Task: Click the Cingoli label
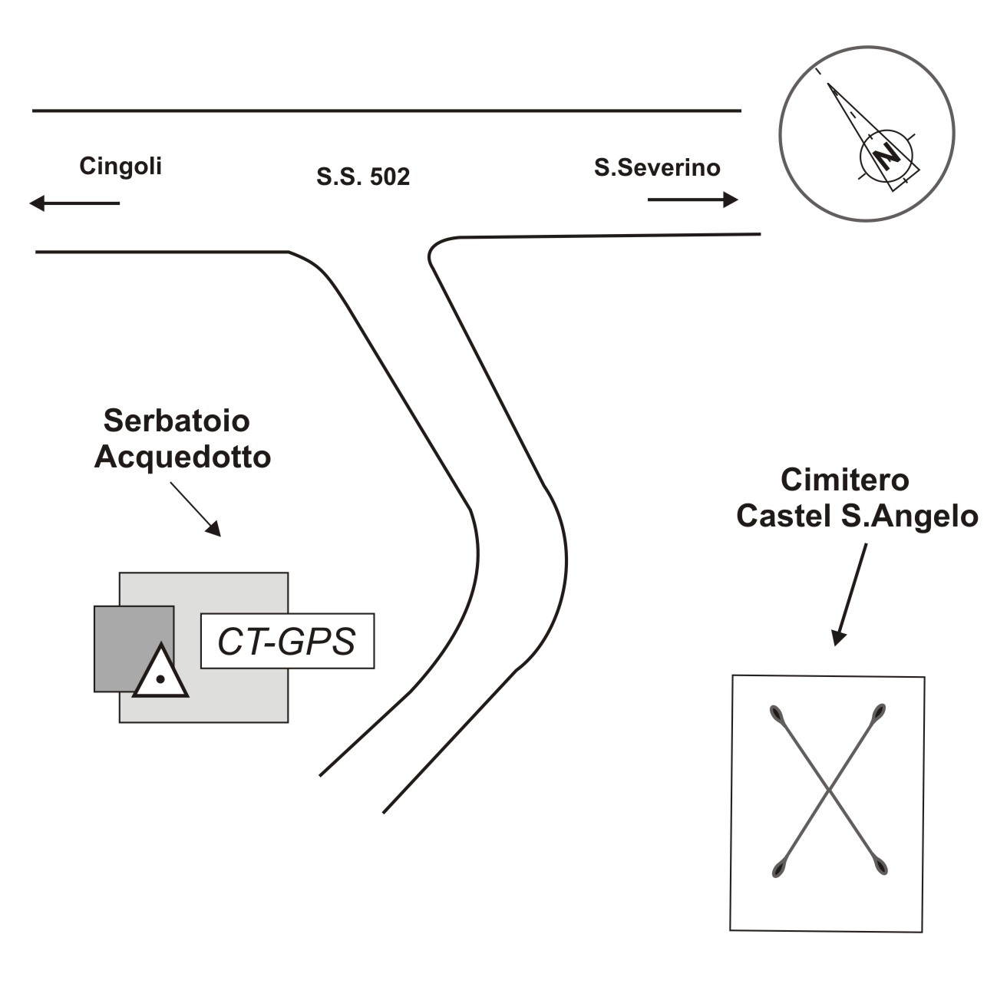pos(120,167)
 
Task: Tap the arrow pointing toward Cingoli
pos(74,203)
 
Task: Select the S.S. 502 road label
pos(363,177)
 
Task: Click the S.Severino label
pos(657,167)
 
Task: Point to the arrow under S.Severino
pos(692,200)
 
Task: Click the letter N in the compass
pos(888,156)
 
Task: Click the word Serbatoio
pos(177,421)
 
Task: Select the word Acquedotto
pos(183,457)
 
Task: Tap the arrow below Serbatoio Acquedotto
pos(196,509)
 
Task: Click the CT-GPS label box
pos(287,641)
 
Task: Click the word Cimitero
pos(844,480)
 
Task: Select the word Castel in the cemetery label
pos(777,516)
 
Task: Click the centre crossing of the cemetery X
pos(828,790)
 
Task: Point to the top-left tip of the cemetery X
pos(775,711)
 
